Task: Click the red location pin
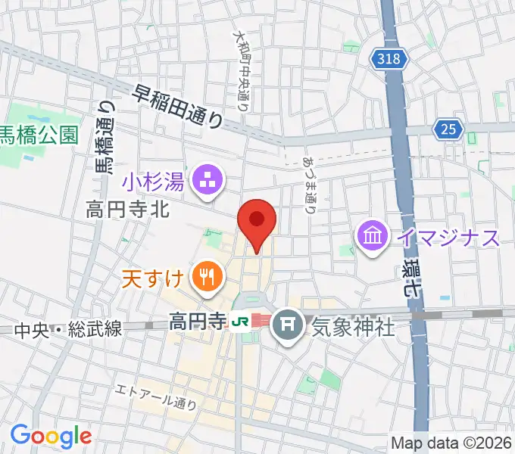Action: click(256, 221)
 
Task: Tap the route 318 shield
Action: click(391, 58)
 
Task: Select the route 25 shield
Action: click(450, 129)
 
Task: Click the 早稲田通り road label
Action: click(179, 107)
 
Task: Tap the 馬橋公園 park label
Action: click(39, 135)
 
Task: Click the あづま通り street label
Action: click(310, 185)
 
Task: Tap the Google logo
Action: click(51, 436)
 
